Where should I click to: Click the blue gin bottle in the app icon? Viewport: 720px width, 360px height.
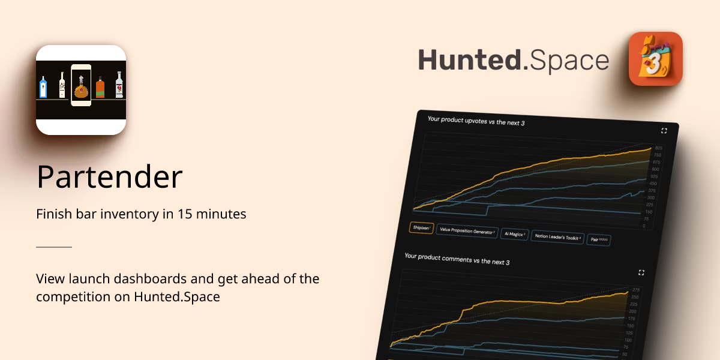pos(43,87)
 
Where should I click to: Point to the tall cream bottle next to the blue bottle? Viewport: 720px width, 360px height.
pos(62,85)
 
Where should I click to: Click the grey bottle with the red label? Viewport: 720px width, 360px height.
pos(119,85)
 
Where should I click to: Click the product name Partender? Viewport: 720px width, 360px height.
pos(109,177)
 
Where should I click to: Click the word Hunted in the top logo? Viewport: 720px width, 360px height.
pos(469,61)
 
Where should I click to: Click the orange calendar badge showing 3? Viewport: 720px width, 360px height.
pos(655,59)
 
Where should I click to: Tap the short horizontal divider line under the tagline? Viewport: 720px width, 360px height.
pos(54,247)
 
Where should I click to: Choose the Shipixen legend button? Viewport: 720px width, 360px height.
pos(421,228)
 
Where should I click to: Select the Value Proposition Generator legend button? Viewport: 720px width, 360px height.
pos(467,231)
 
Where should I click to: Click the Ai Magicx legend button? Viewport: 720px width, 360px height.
pos(511,234)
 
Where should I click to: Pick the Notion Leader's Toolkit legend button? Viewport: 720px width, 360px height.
pos(558,237)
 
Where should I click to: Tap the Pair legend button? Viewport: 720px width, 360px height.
pos(599,239)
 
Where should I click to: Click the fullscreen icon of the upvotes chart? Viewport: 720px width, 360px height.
pos(664,130)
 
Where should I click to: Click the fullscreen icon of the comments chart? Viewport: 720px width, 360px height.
pos(641,272)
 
